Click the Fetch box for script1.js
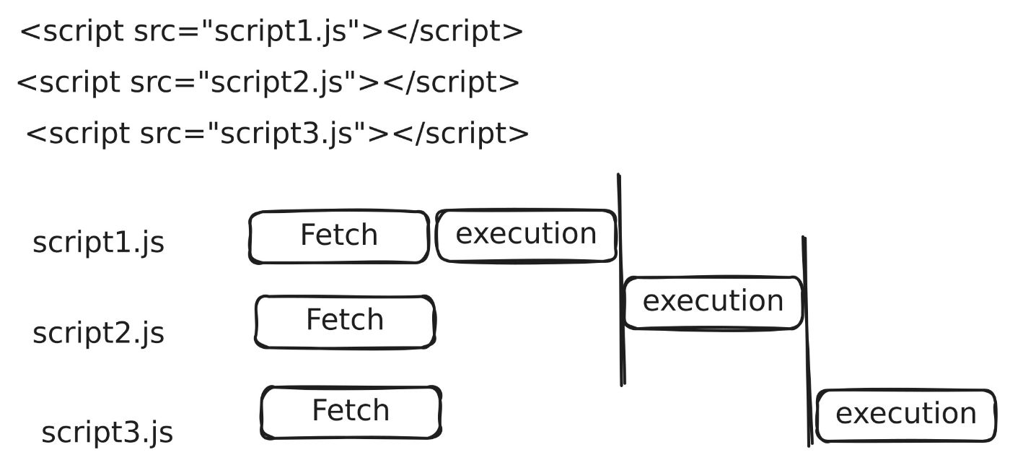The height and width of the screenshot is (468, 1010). [339, 236]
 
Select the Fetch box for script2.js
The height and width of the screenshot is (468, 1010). [345, 321]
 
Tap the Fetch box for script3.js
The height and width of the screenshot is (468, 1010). [351, 412]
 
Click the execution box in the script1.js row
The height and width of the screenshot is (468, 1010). [527, 235]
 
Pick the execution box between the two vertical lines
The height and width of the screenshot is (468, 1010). [713, 302]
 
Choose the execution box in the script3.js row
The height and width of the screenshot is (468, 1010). [905, 415]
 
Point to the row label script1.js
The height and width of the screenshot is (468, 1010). [98, 243]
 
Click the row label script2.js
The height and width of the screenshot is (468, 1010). [98, 334]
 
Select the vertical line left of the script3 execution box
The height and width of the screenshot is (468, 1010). [807, 339]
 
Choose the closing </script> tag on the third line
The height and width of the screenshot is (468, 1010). [461, 135]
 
